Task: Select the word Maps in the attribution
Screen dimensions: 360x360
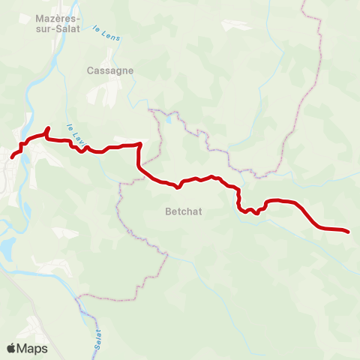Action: tap(33, 349)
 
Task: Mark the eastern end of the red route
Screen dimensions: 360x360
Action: tap(348, 232)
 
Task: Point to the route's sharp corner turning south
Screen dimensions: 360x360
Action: tap(139, 144)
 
